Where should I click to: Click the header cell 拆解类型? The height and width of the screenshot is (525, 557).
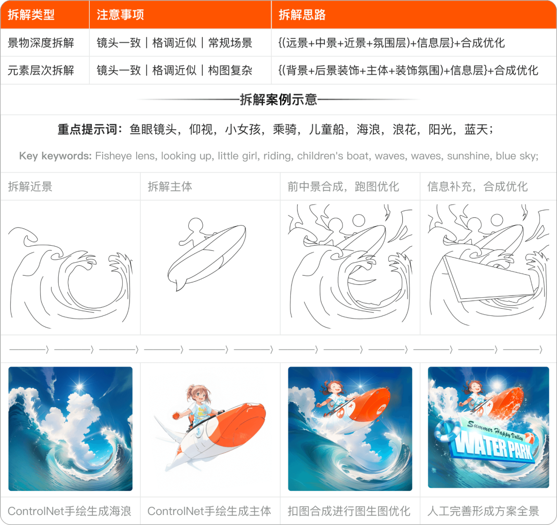(x=31, y=14)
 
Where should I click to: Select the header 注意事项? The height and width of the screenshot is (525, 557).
(x=120, y=14)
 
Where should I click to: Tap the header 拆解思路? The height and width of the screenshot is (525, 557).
(x=302, y=14)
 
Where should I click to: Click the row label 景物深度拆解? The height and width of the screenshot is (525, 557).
(x=41, y=43)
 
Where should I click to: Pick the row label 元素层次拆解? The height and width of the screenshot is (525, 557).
(x=41, y=70)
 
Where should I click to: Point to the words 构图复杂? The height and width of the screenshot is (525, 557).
(x=230, y=70)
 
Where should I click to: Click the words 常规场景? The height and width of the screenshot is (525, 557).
(x=230, y=43)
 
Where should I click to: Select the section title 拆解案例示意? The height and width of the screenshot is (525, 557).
(x=278, y=100)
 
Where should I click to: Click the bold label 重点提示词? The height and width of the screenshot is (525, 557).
(x=87, y=130)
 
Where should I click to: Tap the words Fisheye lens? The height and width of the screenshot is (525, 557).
(x=126, y=156)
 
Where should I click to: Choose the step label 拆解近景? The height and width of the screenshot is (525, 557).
(x=30, y=186)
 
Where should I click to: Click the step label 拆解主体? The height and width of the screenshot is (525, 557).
(x=170, y=186)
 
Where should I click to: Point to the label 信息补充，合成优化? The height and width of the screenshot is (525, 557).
(x=478, y=186)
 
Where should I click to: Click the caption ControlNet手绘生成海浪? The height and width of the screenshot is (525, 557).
(x=70, y=511)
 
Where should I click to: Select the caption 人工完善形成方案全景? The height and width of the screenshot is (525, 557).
(x=483, y=511)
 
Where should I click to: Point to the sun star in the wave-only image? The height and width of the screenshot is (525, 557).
(x=79, y=386)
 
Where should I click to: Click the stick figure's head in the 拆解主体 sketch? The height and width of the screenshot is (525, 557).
(x=195, y=226)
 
